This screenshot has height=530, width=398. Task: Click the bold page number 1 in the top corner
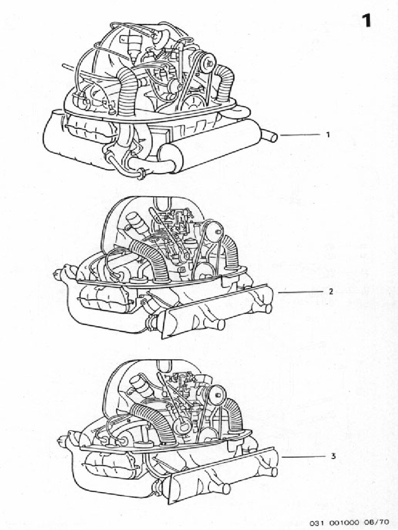click(x=366, y=20)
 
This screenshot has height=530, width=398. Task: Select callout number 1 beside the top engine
click(x=328, y=135)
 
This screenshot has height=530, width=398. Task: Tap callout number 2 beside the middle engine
click(x=330, y=291)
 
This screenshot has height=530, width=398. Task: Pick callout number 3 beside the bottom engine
click(x=332, y=457)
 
